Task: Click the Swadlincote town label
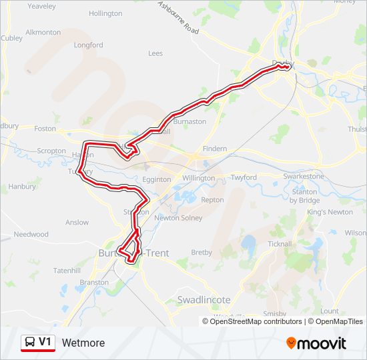[203, 300]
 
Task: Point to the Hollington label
[105, 13]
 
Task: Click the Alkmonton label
[43, 32]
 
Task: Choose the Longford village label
[89, 45]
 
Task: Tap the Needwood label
[31, 235]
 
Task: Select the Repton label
[212, 200]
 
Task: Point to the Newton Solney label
[178, 218]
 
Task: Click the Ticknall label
[279, 244]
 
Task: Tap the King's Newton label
[330, 212]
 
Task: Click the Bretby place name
[202, 253]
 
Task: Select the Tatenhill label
[67, 271]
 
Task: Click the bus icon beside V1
[30, 343]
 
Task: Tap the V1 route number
[45, 342]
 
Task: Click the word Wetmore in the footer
[83, 343]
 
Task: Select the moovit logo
[316, 343]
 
